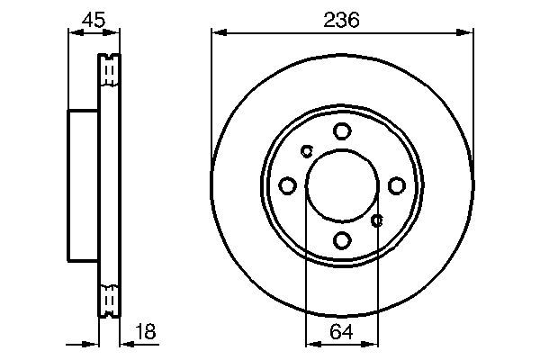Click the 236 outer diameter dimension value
coord(341,19)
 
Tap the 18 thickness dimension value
coord(144,332)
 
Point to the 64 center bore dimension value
coord(341,332)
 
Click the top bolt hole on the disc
coord(342,131)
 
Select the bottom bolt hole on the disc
coord(342,240)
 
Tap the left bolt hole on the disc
coord(287,185)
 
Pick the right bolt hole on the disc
coord(397,185)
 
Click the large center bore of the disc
coord(342,185)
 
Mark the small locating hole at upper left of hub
coord(306,150)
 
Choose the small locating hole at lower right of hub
coord(378,220)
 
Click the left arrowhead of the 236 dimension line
coord(216,34)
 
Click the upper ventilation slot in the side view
coord(109,70)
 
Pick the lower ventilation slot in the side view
coord(109,301)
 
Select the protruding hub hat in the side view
coord(82,185)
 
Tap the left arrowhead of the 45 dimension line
coord(72,34)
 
